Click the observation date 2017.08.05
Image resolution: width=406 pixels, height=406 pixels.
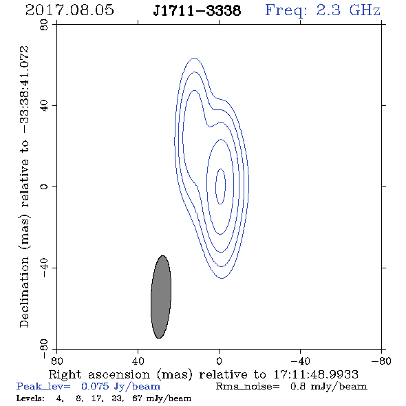[70, 10]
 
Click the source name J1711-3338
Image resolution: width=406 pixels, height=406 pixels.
[197, 10]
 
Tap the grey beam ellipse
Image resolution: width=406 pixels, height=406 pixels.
[161, 297]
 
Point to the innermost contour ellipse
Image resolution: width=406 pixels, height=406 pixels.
[215, 186]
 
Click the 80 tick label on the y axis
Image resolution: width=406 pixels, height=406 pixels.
[44, 25]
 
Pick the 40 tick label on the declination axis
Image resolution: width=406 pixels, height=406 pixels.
[44, 106]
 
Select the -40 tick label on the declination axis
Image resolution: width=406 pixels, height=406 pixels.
[44, 268]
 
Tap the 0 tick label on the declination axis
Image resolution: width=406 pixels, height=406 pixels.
[44, 186]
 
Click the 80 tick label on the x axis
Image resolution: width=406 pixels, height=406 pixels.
[56, 361]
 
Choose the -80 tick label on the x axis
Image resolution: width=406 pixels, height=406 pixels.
[381, 361]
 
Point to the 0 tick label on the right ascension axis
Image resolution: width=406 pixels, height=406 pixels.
[219, 361]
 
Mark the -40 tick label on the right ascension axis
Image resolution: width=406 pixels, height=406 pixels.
[300, 361]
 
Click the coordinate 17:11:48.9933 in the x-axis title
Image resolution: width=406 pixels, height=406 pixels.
[316, 374]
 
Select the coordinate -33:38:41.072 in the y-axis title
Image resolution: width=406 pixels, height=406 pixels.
[24, 89]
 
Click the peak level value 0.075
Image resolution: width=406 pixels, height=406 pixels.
[95, 386]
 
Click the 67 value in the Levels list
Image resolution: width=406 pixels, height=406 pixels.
[137, 398]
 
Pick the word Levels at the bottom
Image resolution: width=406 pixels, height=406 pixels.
[30, 398]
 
